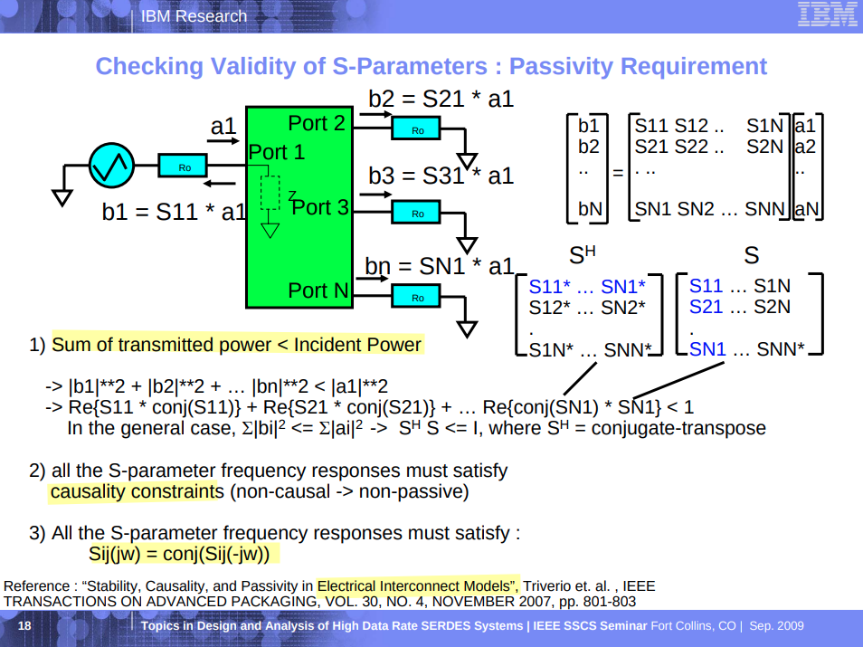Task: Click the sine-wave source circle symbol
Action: point(111,166)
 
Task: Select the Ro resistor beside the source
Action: point(184,167)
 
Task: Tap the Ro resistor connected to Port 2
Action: point(416,130)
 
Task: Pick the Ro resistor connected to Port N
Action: point(416,297)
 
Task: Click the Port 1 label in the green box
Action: point(277,152)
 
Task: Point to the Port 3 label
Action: point(320,207)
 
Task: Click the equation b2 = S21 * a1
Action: point(441,99)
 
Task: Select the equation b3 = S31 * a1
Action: point(441,176)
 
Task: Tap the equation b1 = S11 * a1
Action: point(174,213)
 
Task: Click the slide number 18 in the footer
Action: point(24,626)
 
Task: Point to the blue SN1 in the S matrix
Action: point(707,348)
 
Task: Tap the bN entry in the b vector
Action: point(590,210)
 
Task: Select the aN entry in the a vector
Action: point(806,210)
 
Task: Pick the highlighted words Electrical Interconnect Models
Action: point(418,585)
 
